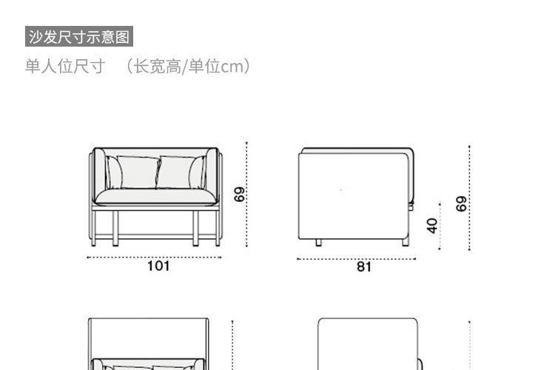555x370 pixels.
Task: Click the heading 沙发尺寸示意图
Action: tap(79, 36)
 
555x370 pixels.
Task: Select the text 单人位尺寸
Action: tap(65, 67)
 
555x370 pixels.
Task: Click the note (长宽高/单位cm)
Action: tap(188, 67)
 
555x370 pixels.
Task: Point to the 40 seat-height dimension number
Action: tap(433, 224)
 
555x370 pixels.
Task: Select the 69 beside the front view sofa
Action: tap(239, 195)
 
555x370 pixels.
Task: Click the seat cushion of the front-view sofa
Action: tap(155, 196)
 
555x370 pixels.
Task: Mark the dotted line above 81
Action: tap(357, 258)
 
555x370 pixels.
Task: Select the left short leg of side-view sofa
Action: tap(318, 242)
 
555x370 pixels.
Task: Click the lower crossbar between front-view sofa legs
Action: tap(155, 237)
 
